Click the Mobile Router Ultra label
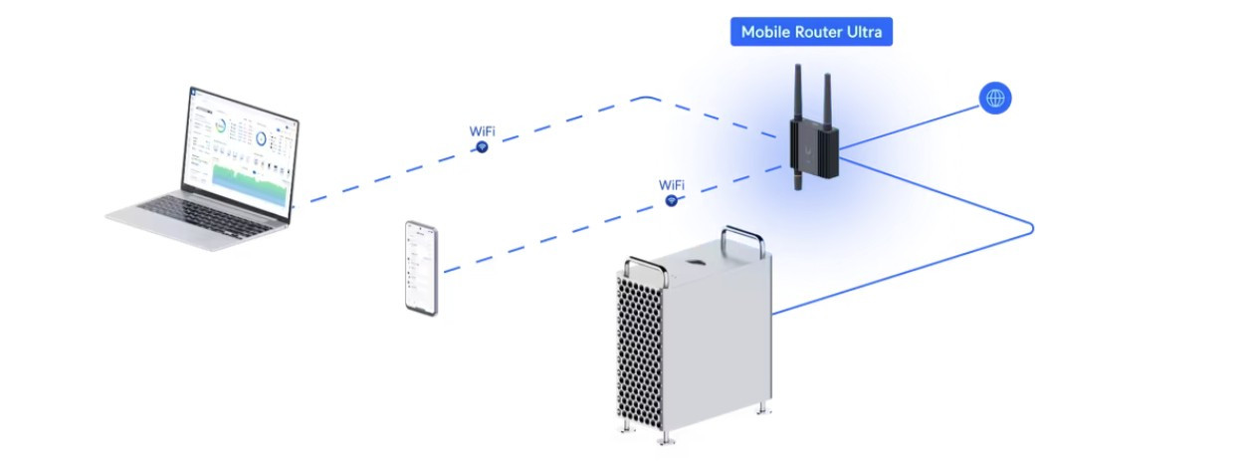pyautogui.click(x=811, y=32)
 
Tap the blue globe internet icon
pyautogui.click(x=995, y=98)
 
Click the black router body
pyautogui.click(x=812, y=143)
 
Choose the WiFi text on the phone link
pyautogui.click(x=672, y=185)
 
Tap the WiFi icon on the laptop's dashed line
pyautogui.click(x=482, y=146)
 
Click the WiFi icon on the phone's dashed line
pyautogui.click(x=672, y=201)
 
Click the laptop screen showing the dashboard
pyautogui.click(x=240, y=154)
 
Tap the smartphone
pyautogui.click(x=422, y=267)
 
